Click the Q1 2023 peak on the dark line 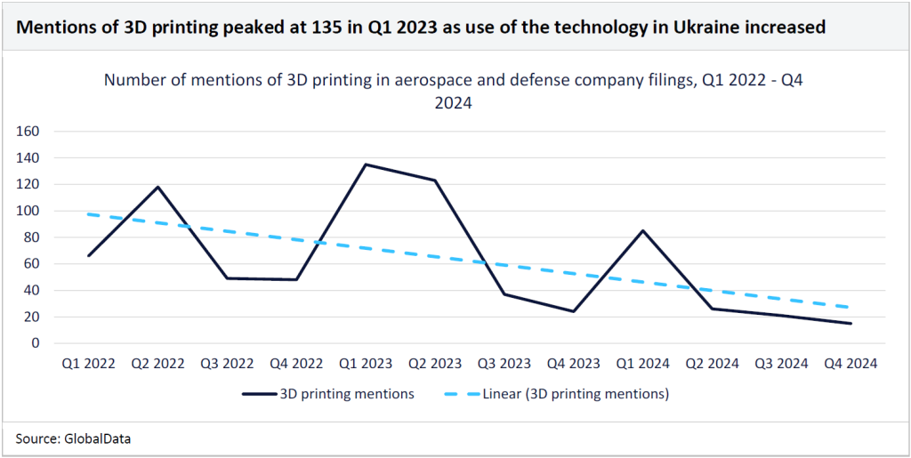pyautogui.click(x=365, y=165)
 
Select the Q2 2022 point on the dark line pyautogui.click(x=157, y=187)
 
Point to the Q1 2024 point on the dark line pyautogui.click(x=641, y=230)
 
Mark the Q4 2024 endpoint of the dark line pyautogui.click(x=850, y=323)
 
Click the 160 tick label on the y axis pyautogui.click(x=30, y=132)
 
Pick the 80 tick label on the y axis pyautogui.click(x=34, y=237)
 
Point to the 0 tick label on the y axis pyautogui.click(x=37, y=343)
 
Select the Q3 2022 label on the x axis pyautogui.click(x=227, y=363)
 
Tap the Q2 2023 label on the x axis pyautogui.click(x=434, y=363)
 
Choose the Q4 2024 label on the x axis pyautogui.click(x=850, y=363)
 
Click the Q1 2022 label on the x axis pyautogui.click(x=89, y=363)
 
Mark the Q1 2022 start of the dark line pyautogui.click(x=89, y=255)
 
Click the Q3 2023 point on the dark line pyautogui.click(x=504, y=294)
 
